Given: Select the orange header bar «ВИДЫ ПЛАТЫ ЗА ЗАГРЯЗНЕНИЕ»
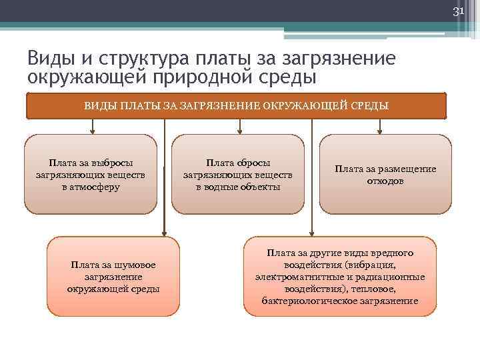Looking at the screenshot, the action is tap(236, 105).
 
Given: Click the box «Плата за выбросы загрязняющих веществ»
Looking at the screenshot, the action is tap(91, 173).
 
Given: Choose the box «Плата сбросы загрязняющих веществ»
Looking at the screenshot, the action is tap(238, 173).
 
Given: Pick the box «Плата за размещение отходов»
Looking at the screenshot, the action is tap(385, 173).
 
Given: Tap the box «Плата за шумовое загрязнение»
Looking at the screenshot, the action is tap(113, 276).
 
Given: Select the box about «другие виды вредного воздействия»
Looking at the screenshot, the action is tap(340, 276).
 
